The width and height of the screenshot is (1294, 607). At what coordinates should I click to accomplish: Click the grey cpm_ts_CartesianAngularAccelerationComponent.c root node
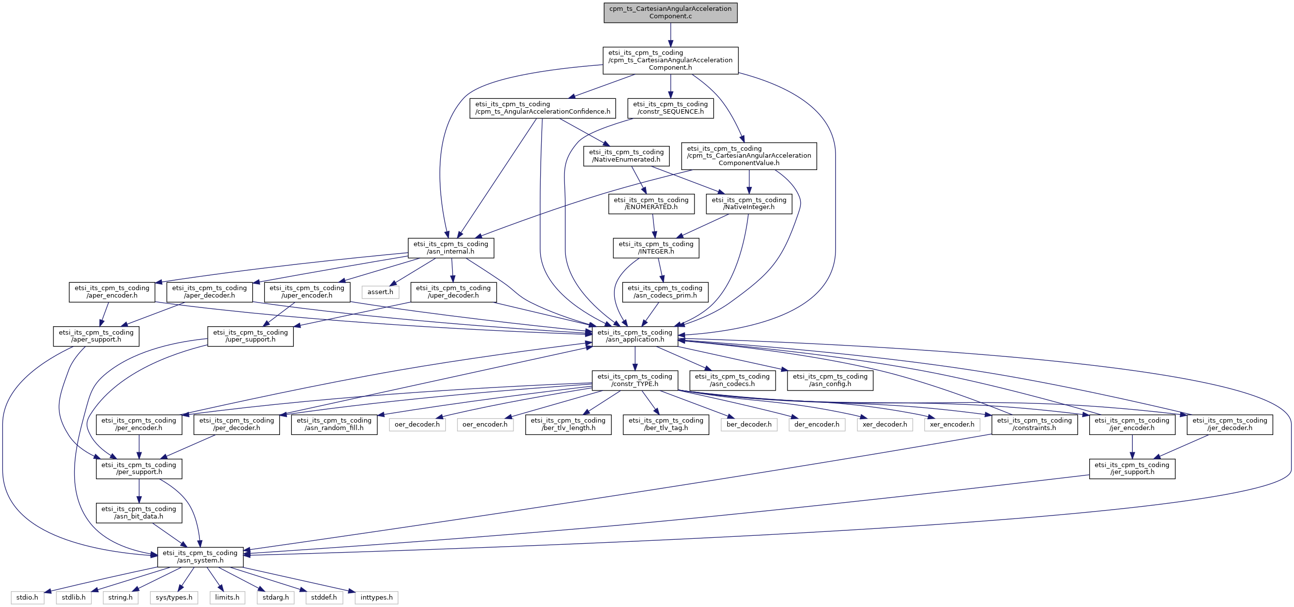point(670,12)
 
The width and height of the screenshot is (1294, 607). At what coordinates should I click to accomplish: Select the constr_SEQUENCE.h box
point(670,108)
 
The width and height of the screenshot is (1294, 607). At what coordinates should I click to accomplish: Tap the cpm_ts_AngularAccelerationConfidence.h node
point(543,108)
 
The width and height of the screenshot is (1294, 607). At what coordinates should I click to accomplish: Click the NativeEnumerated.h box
point(626,156)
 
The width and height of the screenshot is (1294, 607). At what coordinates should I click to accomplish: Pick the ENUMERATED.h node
point(651,203)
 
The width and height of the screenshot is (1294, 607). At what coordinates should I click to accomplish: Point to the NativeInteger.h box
point(748,203)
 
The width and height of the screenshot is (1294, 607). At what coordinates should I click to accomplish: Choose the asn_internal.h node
point(451,248)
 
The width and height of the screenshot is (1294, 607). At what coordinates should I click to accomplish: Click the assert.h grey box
point(380,292)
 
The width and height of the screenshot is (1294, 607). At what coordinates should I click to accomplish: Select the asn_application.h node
point(635,336)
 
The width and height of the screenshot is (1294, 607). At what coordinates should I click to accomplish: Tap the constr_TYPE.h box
point(635,380)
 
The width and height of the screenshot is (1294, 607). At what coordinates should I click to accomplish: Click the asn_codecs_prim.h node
point(665,292)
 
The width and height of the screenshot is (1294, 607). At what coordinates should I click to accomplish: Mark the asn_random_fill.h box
point(334,424)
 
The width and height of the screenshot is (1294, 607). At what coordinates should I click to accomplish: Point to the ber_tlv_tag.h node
point(666,424)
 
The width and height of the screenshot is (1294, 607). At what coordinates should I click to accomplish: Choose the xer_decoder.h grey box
point(884,424)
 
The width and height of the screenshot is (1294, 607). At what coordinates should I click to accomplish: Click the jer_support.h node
point(1132,469)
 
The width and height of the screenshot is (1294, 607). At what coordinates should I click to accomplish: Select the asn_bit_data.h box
point(139,513)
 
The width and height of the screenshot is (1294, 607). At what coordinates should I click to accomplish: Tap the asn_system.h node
point(200,557)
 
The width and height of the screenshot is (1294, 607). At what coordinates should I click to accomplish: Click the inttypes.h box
point(376,598)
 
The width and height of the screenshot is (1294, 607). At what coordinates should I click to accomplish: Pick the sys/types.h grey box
point(174,598)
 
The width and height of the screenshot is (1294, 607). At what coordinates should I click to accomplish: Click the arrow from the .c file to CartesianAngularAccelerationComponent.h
point(670,35)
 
